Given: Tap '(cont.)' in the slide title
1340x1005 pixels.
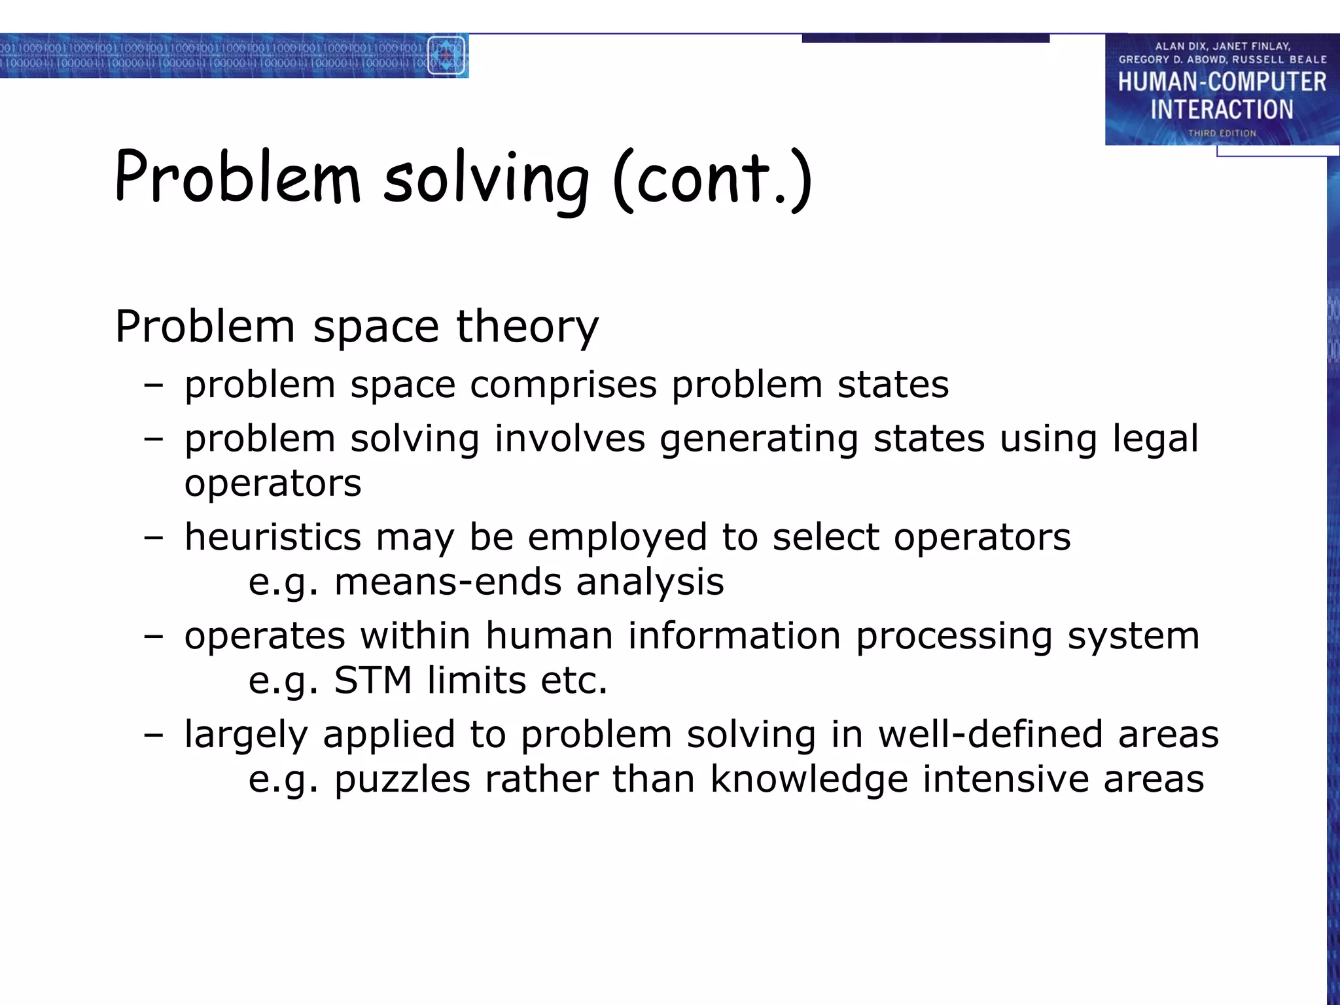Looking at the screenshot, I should click(712, 180).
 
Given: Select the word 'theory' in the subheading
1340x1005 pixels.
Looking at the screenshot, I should click(527, 326).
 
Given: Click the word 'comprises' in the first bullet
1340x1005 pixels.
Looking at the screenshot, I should click(563, 384).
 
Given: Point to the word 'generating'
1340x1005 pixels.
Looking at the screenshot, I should click(758, 439).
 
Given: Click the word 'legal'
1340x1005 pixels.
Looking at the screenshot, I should click(1155, 439).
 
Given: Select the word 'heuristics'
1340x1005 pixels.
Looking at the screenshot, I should click(272, 537).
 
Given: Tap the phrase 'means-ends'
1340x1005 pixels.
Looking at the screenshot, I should click(448, 582).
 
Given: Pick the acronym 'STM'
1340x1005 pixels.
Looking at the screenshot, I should click(373, 680).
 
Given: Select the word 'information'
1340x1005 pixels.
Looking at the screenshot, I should click(734, 636).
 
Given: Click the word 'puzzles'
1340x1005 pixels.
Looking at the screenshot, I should click(402, 779).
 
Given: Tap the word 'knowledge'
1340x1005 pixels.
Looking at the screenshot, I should click(809, 779).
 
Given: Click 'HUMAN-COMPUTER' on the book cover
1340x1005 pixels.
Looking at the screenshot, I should click(1222, 82).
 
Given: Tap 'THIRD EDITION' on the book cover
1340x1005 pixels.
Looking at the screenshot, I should click(1222, 133).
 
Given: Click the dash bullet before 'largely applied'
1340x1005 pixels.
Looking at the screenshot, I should click(153, 735).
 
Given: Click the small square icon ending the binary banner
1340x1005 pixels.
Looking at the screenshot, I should click(446, 56).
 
